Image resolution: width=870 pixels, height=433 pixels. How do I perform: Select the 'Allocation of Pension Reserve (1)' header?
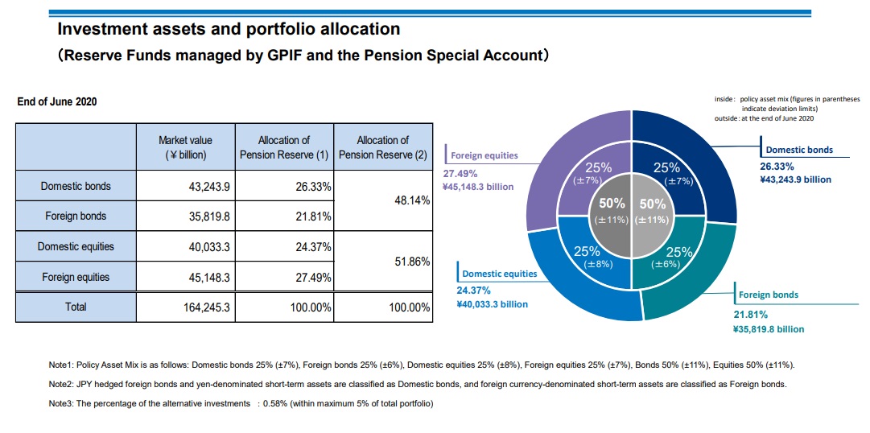point(283,146)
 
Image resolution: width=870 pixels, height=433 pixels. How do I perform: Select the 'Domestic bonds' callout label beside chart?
point(798,150)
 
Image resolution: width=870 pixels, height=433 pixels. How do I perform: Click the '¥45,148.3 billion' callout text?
point(478,187)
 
